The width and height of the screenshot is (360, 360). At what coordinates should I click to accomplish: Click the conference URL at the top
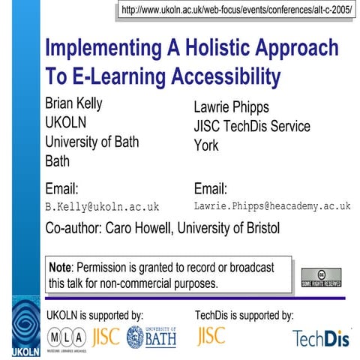[236, 11]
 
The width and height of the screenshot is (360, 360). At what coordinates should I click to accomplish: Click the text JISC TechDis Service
[251, 126]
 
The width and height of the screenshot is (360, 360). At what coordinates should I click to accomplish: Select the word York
[206, 145]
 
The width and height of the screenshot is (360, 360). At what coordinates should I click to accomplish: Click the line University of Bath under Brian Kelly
[92, 141]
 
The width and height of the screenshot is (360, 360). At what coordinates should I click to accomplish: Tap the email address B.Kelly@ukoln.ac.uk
[103, 206]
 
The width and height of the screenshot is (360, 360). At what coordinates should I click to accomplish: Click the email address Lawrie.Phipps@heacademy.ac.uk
[272, 205]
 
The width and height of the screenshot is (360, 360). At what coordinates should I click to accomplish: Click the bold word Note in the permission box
[60, 268]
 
